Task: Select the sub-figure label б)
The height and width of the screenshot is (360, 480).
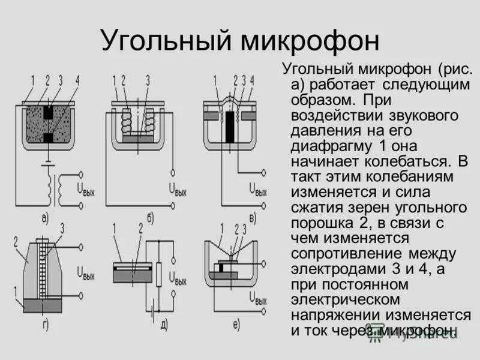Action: click(148, 218)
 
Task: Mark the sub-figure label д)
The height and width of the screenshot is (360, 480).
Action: click(163, 326)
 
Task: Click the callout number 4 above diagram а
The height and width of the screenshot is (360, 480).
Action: click(77, 80)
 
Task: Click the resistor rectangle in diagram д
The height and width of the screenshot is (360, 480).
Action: click(159, 274)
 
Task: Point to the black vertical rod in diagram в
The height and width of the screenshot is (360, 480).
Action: click(230, 127)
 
